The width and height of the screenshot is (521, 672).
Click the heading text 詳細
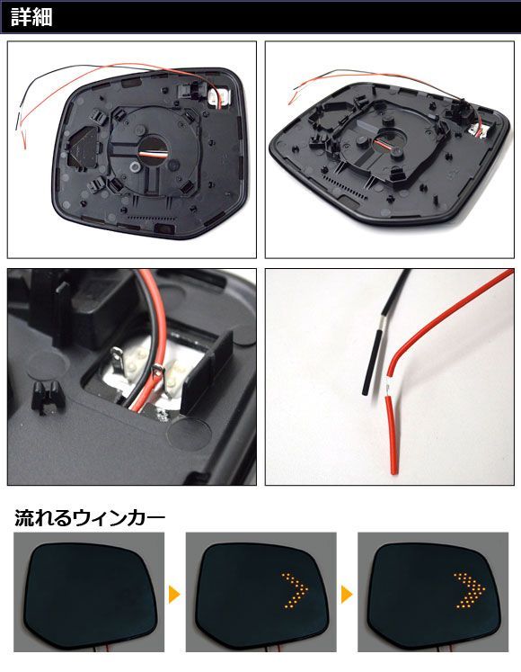click(31, 18)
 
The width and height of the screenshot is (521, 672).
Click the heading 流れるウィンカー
click(90, 517)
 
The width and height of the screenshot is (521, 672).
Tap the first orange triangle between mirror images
click(174, 595)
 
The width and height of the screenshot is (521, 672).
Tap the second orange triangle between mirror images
click(347, 595)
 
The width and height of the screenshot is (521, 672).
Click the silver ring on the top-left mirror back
click(136, 166)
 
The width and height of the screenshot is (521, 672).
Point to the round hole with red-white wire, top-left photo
click(153, 151)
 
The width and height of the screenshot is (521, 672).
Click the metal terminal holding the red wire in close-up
click(158, 372)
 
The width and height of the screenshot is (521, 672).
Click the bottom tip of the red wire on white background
click(394, 472)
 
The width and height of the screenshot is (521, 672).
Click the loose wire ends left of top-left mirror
click(22, 129)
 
